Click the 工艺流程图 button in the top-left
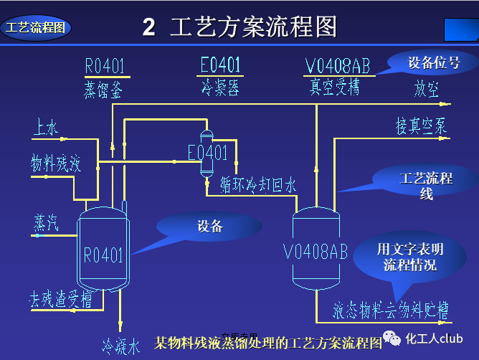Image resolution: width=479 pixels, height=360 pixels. [36, 28]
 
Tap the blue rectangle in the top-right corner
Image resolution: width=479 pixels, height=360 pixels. [461, 29]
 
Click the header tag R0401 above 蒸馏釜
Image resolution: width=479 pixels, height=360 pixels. [105, 66]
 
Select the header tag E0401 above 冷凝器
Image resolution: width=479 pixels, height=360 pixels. [219, 65]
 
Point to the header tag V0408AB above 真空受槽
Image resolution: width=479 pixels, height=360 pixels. [337, 66]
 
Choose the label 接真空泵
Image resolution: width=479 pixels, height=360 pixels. [422, 125]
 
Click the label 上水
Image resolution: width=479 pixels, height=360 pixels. [45, 128]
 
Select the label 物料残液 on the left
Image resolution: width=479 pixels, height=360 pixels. [55, 164]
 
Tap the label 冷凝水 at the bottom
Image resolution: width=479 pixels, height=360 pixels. [120, 346]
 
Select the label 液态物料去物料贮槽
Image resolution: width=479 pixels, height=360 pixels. [391, 311]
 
